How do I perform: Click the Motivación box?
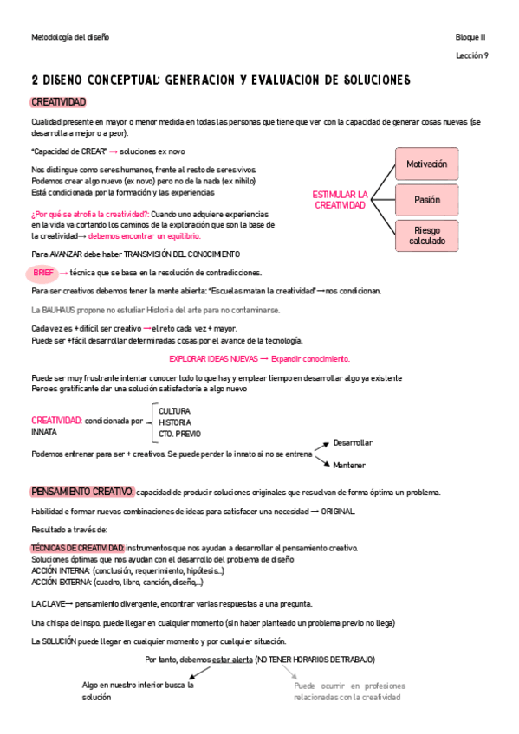[x=426, y=164]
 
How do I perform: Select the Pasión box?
[x=426, y=200]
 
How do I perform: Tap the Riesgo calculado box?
[x=426, y=235]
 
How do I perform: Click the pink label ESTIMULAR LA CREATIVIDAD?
[x=340, y=200]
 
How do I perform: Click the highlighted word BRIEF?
[x=43, y=273]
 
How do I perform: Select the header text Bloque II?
[x=472, y=37]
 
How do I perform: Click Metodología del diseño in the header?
[x=70, y=37]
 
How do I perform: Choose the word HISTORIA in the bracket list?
[x=175, y=422]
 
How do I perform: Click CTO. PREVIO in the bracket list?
[x=179, y=433]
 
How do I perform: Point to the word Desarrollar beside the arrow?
[x=353, y=442]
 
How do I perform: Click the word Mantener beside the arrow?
[x=349, y=465]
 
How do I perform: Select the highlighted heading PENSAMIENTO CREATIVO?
[x=82, y=492]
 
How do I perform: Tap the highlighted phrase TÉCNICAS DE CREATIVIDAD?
[x=77, y=548]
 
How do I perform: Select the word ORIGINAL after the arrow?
[x=337, y=511]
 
